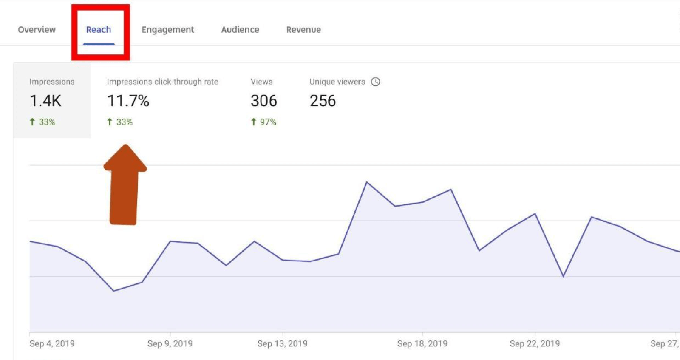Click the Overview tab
(37, 30)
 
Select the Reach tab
(99, 30)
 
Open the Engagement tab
(167, 30)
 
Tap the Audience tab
(240, 30)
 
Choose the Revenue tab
(303, 30)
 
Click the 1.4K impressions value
(45, 101)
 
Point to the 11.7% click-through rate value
(128, 101)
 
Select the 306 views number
(263, 101)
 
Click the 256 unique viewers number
(323, 101)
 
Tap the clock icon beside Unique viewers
(375, 82)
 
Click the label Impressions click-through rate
(162, 82)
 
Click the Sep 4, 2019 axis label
(52, 343)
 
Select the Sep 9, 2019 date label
(170, 343)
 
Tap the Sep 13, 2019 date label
(282, 343)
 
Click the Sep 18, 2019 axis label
(422, 343)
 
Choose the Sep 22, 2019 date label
(535, 343)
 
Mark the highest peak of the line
(367, 182)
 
